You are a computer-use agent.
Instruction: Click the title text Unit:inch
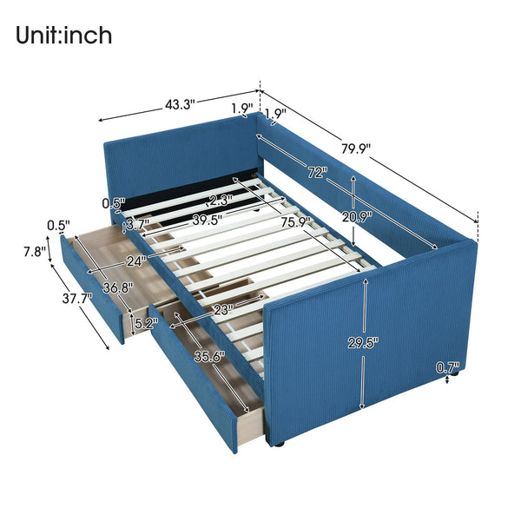[x=63, y=36]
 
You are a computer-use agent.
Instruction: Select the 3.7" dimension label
[x=136, y=225]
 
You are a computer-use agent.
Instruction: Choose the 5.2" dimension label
[x=144, y=325]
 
